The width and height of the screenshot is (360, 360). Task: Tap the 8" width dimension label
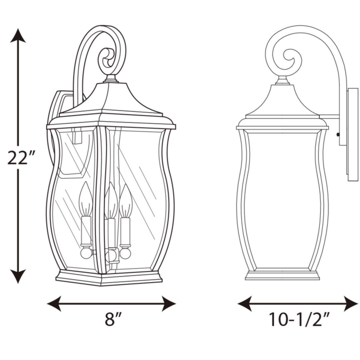pyautogui.click(x=111, y=320)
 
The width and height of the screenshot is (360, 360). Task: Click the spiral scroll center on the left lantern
pyautogui.click(x=108, y=60)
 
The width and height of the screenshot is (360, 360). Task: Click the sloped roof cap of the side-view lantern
pyautogui.click(x=283, y=100)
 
